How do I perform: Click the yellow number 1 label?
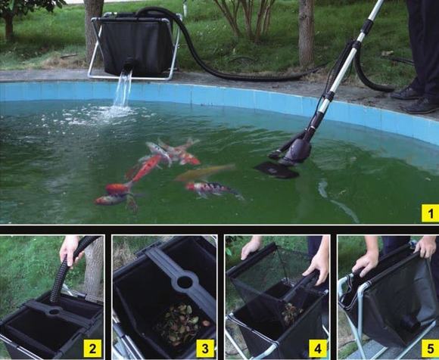click(431, 213)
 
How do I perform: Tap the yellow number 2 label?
click(92, 348)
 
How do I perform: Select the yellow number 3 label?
click(205, 348)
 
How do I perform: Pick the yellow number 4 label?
click(318, 348)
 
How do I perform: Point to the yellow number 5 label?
click(431, 348)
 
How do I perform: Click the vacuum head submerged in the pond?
click(276, 170)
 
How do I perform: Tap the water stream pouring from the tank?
click(123, 89)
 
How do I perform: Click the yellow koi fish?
click(205, 172)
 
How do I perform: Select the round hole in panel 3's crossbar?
click(185, 282)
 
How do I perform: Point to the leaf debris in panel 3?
click(182, 324)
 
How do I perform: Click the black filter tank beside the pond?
click(136, 45)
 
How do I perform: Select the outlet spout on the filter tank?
click(129, 65)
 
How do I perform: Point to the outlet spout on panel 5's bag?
click(409, 324)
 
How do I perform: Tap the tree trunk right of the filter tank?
click(307, 33)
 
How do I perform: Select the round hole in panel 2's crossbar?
click(54, 311)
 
